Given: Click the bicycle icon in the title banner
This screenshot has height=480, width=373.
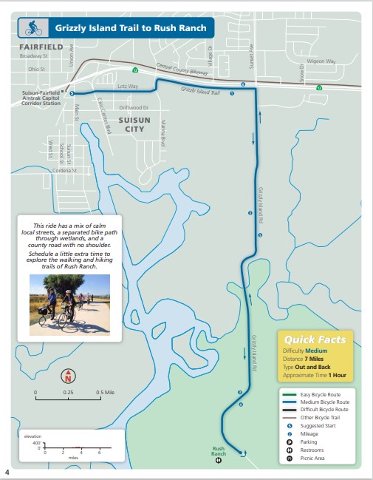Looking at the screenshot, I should click(x=33, y=28).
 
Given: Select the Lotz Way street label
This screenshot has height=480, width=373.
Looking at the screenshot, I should click(x=128, y=86).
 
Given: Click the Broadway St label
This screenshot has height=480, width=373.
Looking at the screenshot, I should click(x=33, y=55).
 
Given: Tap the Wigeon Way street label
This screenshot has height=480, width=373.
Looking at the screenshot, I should click(x=321, y=61).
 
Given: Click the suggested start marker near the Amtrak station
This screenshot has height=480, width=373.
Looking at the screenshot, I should click(x=72, y=93).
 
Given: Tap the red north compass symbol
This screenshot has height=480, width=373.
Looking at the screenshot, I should click(x=67, y=376).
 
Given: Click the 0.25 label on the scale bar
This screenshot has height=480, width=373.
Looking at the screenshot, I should click(x=67, y=392).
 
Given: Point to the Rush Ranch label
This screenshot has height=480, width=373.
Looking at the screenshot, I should click(x=218, y=450).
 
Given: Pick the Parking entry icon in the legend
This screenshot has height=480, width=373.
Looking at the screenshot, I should click(x=290, y=442).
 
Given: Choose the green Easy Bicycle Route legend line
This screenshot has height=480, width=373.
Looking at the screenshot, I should click(x=290, y=394).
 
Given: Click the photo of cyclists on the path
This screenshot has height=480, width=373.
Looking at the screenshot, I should click(x=69, y=304).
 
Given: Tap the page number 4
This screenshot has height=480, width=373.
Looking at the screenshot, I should click(x=7, y=472).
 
